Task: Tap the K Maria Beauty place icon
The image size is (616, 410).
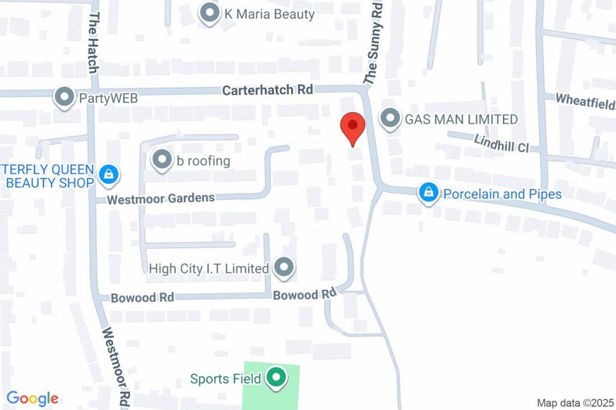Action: [209, 13]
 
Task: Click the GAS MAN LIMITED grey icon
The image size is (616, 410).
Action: [390, 119]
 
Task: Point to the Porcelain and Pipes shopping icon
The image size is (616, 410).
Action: [428, 194]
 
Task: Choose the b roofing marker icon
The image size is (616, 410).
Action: [162, 161]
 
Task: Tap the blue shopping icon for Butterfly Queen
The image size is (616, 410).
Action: [108, 175]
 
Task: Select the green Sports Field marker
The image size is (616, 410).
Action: [276, 378]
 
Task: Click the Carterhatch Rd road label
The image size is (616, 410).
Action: [268, 90]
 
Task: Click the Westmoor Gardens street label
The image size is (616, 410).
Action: [161, 198]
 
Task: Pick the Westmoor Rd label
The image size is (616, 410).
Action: [117, 367]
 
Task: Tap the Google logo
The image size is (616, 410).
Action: [32, 398]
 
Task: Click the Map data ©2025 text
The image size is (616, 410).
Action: [574, 402]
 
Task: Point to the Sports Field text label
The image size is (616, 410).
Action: [226, 379]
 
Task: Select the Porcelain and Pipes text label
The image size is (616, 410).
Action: [502, 194]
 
